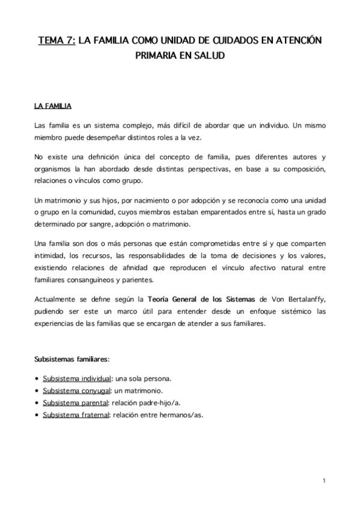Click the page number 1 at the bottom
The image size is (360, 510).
323,481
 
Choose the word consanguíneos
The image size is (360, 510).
96,280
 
